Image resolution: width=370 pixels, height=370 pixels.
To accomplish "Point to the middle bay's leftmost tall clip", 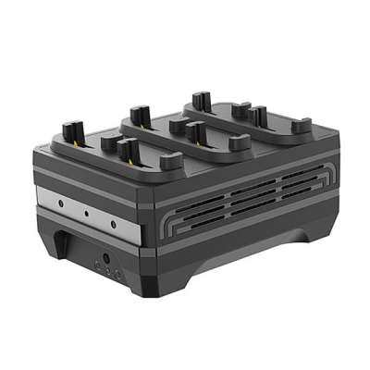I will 139,116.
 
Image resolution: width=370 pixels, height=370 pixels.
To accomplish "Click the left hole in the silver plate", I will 60,200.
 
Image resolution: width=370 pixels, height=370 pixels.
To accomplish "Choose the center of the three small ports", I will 107,272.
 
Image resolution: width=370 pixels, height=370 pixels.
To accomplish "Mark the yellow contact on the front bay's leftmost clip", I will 77,144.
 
